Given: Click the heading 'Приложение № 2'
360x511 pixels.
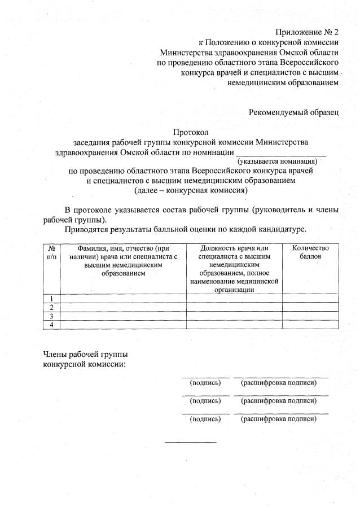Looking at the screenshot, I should [307, 32].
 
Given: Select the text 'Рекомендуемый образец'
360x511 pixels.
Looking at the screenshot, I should [293, 112].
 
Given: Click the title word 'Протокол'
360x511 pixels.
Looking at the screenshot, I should [191, 132].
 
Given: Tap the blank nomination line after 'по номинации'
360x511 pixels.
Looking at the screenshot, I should [280, 152].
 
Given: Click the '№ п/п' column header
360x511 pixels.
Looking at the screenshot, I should [51, 252].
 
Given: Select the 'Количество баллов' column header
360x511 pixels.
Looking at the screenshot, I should [310, 252].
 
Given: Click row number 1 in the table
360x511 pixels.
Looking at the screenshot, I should [51, 298].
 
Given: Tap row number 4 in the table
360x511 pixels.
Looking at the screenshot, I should [51, 325].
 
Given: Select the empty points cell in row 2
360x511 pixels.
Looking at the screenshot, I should [310, 307].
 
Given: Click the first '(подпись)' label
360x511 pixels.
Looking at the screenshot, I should [205, 383].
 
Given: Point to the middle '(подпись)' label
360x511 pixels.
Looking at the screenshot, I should [205, 401].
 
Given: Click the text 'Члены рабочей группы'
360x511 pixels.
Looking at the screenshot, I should [85, 354].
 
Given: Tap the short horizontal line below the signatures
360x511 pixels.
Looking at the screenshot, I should [190, 442].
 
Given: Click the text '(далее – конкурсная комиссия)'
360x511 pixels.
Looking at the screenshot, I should [191, 190].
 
